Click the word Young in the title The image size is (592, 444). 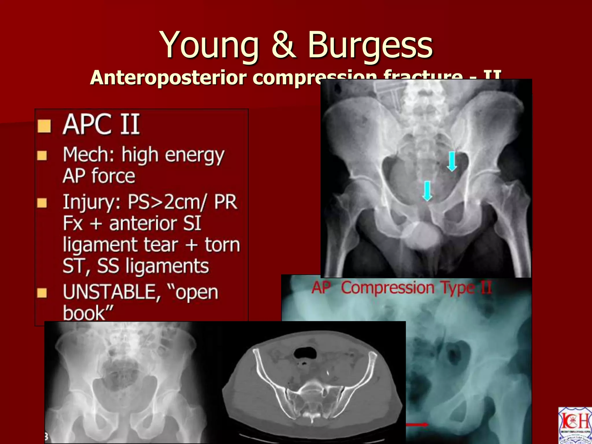pyautogui.click(x=209, y=45)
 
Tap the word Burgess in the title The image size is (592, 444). pyautogui.click(x=370, y=45)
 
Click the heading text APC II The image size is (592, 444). pyautogui.click(x=101, y=125)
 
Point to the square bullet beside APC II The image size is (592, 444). pyautogui.click(x=44, y=126)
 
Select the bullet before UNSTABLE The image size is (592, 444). pyautogui.click(x=42, y=293)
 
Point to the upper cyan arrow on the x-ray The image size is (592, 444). pyautogui.click(x=452, y=161)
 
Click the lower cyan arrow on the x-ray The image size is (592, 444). pyautogui.click(x=427, y=191)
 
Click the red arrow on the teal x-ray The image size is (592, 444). pyautogui.click(x=417, y=425)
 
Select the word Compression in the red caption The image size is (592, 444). pyautogui.click(x=388, y=288)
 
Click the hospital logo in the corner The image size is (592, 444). pyautogui.click(x=575, y=425)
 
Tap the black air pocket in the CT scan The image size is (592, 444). pyautogui.click(x=305, y=353)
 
